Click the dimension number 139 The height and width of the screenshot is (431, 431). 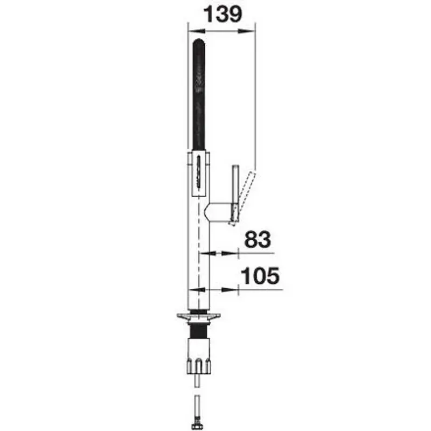(x=223, y=15)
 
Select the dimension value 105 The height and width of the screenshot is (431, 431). (x=260, y=276)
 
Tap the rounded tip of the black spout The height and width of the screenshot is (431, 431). (x=199, y=42)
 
